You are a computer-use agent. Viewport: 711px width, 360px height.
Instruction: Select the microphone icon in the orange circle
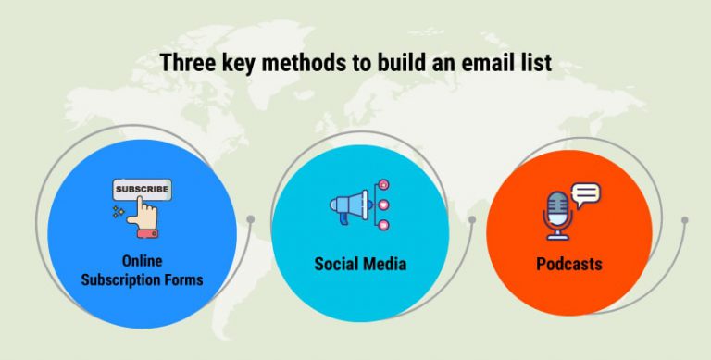click(x=557, y=218)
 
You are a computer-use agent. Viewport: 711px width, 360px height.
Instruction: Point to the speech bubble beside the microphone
click(x=586, y=194)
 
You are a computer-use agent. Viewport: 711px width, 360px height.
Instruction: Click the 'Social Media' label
click(x=360, y=265)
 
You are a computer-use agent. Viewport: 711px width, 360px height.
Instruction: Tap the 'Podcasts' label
click(x=569, y=265)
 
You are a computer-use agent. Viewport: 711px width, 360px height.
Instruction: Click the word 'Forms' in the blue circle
click(x=183, y=279)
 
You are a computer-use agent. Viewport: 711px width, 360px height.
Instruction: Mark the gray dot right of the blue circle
click(x=250, y=219)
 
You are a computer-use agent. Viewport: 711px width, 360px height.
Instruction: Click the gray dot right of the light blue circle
click(x=472, y=220)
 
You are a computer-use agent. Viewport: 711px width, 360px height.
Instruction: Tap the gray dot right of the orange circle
click(x=685, y=220)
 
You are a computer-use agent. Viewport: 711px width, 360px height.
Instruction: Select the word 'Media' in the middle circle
click(x=382, y=265)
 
